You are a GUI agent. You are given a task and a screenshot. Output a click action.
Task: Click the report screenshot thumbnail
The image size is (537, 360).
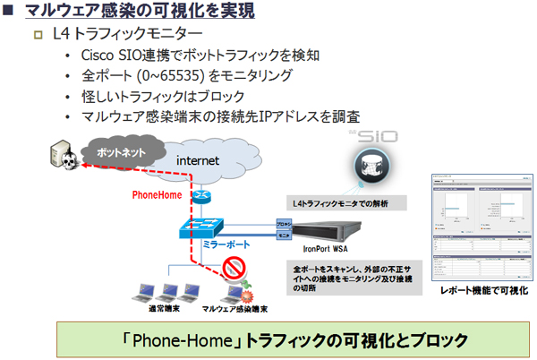click(x=479, y=228)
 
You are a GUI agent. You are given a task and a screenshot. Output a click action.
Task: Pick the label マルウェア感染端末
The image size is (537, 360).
click(x=233, y=308)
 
